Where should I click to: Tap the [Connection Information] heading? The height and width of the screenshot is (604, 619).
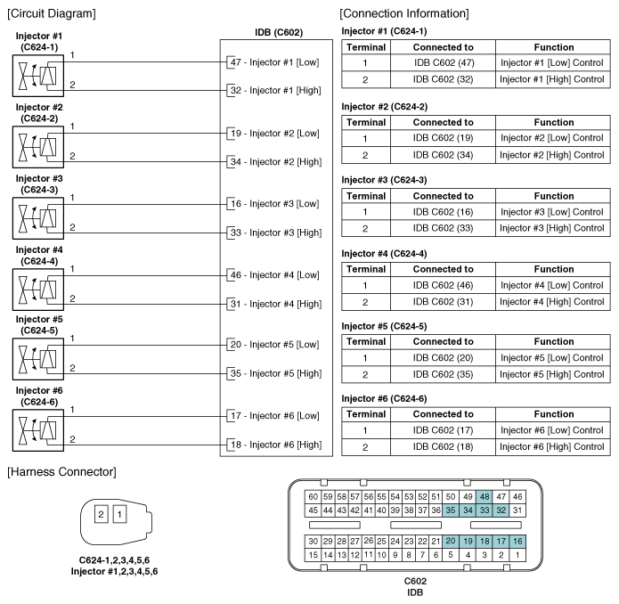(404, 13)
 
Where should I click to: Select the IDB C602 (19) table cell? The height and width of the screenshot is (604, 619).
(443, 138)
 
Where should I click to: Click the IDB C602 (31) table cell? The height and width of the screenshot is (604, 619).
(443, 303)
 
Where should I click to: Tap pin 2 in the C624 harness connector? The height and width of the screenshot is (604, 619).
(102, 514)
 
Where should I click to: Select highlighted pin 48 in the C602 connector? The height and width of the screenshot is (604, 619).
(484, 495)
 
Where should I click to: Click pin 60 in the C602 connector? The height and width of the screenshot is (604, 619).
(312, 495)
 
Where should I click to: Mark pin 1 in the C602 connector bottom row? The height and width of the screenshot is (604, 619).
(517, 554)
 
